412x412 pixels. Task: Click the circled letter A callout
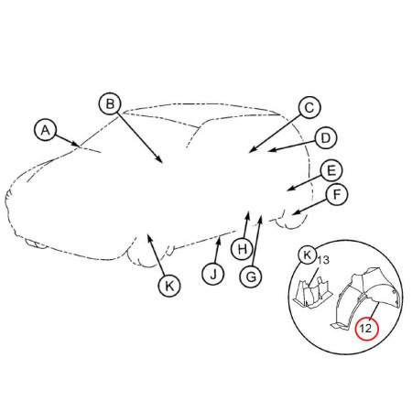pos(45,130)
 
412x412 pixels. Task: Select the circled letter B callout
pos(110,103)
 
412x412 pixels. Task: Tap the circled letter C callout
pos(309,107)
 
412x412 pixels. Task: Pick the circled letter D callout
pos(326,138)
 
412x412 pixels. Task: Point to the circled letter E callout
pos(331,170)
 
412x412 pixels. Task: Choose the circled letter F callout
pos(336,194)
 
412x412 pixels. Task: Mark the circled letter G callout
pos(251,276)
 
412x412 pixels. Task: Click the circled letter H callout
pos(242,249)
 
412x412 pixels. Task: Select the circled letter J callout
pos(213,274)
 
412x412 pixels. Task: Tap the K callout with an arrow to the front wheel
pos(169,286)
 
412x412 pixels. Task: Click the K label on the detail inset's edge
pos(308,255)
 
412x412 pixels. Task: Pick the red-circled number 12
pos(366,329)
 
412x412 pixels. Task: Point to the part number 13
pos(323,260)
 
